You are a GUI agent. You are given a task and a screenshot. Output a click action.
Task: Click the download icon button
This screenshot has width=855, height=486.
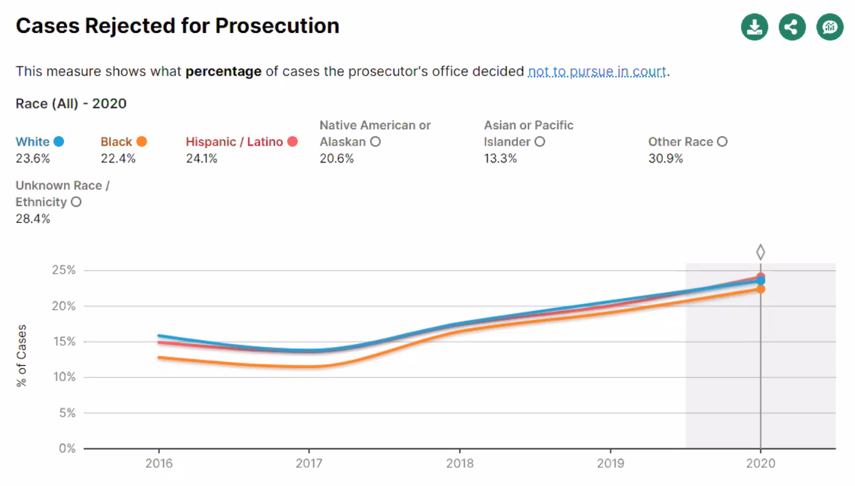[754, 27]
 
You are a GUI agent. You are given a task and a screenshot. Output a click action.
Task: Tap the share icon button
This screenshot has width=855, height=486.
[792, 27]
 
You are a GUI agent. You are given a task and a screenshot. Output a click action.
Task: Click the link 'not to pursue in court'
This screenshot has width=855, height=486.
[597, 71]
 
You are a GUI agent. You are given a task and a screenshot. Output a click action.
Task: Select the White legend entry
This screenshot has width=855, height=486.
[40, 141]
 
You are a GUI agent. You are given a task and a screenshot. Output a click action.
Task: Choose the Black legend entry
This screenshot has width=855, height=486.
[123, 141]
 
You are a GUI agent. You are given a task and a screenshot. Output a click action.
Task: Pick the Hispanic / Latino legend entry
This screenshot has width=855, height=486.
[241, 141]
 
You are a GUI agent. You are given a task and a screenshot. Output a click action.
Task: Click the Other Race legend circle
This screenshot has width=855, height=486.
[722, 141]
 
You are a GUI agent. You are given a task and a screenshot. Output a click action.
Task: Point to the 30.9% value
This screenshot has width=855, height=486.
[665, 159]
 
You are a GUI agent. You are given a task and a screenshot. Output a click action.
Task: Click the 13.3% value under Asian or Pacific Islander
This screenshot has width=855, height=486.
[500, 159]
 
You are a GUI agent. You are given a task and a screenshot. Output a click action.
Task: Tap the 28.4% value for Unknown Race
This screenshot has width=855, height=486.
[33, 218]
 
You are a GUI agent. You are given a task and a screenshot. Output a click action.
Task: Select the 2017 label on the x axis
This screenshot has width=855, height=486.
[309, 463]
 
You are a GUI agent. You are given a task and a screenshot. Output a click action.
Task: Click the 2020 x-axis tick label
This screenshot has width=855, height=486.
[760, 463]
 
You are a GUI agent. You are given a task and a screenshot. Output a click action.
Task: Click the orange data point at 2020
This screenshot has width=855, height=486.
[760, 289]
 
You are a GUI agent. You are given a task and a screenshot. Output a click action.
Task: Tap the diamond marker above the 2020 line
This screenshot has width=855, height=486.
[760, 252]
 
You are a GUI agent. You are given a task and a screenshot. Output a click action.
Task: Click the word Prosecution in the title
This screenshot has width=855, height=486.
[277, 26]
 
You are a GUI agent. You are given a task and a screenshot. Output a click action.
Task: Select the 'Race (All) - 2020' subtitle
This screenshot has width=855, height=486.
[71, 104]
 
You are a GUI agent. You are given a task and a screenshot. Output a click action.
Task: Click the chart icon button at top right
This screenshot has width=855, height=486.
[830, 27]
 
